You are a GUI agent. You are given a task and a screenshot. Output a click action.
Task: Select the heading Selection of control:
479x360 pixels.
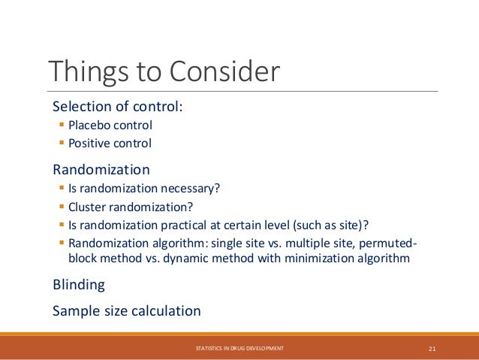(x=118, y=106)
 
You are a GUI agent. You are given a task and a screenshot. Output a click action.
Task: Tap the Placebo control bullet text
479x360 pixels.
(x=110, y=126)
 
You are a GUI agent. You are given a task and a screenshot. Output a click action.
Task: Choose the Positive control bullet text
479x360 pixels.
(x=110, y=143)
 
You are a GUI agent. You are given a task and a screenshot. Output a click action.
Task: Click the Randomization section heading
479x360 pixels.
(x=101, y=169)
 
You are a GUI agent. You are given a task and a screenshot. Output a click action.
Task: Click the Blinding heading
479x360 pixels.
(x=79, y=285)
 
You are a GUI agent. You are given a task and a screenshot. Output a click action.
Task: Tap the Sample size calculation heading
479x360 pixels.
(x=127, y=310)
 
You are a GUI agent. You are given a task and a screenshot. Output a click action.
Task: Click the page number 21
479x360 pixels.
(x=432, y=348)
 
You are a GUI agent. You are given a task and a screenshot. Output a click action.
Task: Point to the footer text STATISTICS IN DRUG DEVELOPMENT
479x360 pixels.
(x=239, y=348)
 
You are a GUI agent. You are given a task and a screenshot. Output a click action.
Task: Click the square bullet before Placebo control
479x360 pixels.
(x=61, y=126)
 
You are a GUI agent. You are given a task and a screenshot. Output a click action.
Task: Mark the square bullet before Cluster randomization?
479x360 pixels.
(x=61, y=207)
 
